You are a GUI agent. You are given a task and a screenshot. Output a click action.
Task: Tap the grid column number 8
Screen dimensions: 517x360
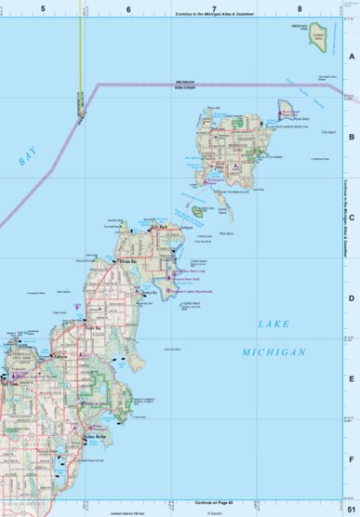300,7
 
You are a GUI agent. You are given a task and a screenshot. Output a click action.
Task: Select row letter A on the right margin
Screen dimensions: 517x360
351,56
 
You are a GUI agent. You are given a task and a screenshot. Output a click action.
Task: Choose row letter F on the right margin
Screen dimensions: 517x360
351,459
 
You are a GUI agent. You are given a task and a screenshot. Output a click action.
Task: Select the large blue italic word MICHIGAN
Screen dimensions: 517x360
273,352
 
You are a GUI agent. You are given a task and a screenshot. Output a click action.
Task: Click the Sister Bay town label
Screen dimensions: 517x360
91,328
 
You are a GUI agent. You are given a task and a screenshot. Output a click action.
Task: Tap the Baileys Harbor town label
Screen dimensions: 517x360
97,436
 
